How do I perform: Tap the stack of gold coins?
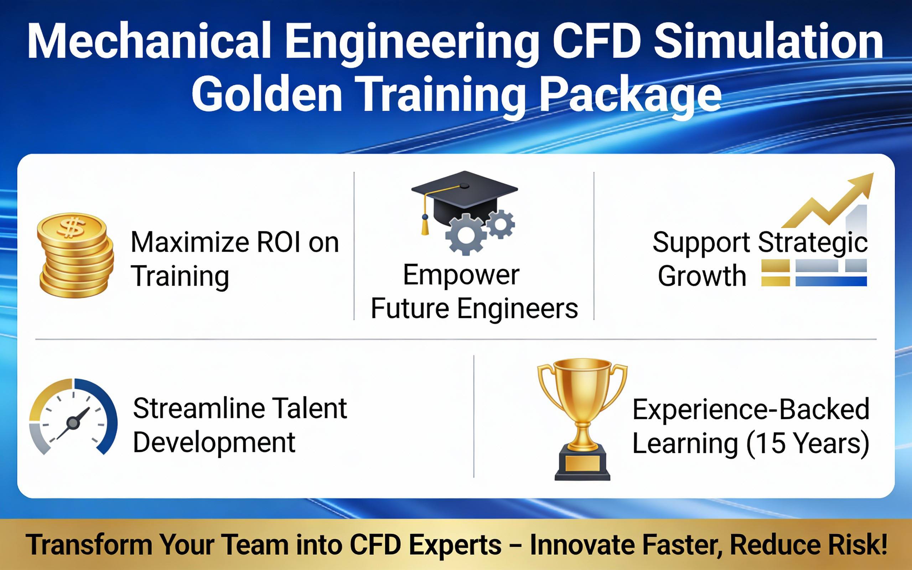[x=76, y=255]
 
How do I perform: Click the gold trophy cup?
[x=582, y=419]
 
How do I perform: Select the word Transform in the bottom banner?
[x=89, y=545]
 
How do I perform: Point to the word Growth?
[x=702, y=276]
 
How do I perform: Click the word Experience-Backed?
[x=751, y=409]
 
